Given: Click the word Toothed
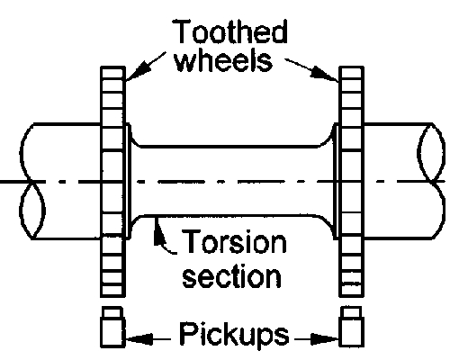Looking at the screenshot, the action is (229, 31).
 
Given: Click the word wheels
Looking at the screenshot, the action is (224, 60).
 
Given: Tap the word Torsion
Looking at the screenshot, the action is (234, 242).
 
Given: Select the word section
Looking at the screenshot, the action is (232, 276).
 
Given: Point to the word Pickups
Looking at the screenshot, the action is (234, 335).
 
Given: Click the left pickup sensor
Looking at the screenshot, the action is (112, 327).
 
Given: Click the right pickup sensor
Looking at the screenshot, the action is (352, 327).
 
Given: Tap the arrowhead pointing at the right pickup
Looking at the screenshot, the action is (325, 339).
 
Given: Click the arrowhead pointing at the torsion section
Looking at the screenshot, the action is (158, 232).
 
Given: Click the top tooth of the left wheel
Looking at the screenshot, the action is (112, 73).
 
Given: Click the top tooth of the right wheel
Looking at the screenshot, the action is (352, 73).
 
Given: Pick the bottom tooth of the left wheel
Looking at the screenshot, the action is (112, 291).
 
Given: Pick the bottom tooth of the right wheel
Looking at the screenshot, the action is (352, 291).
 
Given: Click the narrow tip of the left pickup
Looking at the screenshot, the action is (112, 312).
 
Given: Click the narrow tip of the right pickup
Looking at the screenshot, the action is (352, 312).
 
